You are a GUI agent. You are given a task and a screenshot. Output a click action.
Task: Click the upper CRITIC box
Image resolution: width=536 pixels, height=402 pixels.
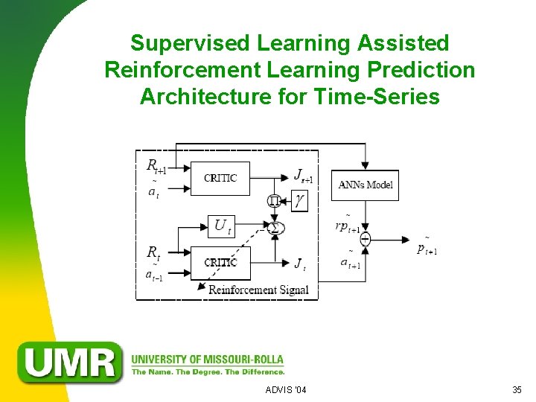[220, 178]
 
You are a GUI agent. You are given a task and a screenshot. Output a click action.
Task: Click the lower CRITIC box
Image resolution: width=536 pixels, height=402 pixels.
[220, 263]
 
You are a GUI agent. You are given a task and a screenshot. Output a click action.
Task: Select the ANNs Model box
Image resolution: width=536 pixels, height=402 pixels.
[366, 185]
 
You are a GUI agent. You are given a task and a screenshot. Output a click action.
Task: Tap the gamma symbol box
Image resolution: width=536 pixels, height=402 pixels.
[299, 200]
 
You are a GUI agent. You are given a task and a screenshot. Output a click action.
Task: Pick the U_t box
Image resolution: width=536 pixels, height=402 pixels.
[222, 226]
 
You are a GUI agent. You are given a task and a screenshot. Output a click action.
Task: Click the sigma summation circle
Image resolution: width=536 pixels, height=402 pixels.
[275, 226]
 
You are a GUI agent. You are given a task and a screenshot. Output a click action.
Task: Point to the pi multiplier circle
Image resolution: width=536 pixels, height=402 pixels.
[274, 200]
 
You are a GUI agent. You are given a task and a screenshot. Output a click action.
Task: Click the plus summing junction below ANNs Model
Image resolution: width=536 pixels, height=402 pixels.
[366, 239]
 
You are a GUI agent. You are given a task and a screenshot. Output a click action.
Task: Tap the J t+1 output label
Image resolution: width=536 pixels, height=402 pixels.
[302, 176]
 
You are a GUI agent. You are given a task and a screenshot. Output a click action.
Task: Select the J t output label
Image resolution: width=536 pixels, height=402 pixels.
[300, 264]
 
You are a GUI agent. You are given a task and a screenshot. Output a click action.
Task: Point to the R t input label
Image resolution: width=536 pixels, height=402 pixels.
[153, 253]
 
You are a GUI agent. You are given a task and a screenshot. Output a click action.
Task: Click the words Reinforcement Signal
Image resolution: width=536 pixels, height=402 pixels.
[258, 290]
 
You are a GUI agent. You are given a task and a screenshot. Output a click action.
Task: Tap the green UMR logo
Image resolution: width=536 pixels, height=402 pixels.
[71, 362]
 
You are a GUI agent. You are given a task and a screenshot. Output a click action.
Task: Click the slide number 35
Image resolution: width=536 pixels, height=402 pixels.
[517, 390]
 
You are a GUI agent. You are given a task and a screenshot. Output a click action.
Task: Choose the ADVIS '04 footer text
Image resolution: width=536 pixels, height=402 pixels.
[285, 390]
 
